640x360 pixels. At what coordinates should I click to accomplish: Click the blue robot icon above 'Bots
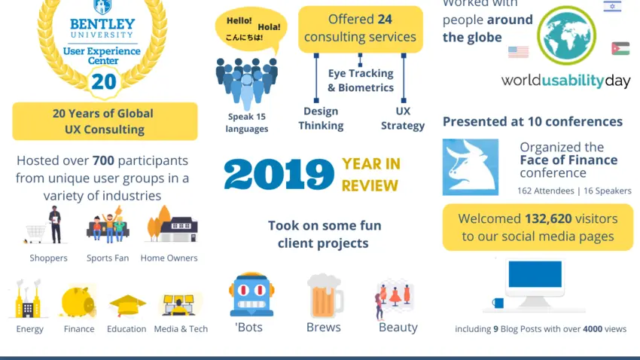click(x=251, y=294)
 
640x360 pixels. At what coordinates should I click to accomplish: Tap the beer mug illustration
click(x=325, y=295)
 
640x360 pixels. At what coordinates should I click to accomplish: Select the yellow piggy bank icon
click(x=78, y=302)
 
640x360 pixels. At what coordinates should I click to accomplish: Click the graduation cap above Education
click(x=127, y=305)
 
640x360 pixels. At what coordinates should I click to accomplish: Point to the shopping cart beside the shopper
click(x=35, y=233)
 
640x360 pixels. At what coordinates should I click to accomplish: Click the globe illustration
click(x=566, y=35)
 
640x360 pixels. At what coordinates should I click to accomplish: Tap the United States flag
click(x=518, y=52)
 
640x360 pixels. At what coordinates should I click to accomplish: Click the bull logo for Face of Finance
click(x=470, y=167)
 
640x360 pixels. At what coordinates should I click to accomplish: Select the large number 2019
click(x=279, y=175)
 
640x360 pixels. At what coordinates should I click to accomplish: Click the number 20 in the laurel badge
click(x=104, y=81)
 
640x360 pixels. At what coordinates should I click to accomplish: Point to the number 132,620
click(x=548, y=218)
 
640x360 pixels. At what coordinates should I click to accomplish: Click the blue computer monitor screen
click(x=535, y=274)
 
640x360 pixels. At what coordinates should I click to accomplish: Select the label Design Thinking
click(x=321, y=118)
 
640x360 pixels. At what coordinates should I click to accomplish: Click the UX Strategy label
click(x=403, y=118)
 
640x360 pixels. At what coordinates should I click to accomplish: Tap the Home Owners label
click(x=169, y=258)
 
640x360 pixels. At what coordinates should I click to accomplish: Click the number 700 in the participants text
click(x=103, y=160)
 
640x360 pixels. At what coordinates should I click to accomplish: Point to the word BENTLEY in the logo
click(x=102, y=24)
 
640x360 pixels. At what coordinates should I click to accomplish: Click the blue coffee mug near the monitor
click(x=498, y=303)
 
